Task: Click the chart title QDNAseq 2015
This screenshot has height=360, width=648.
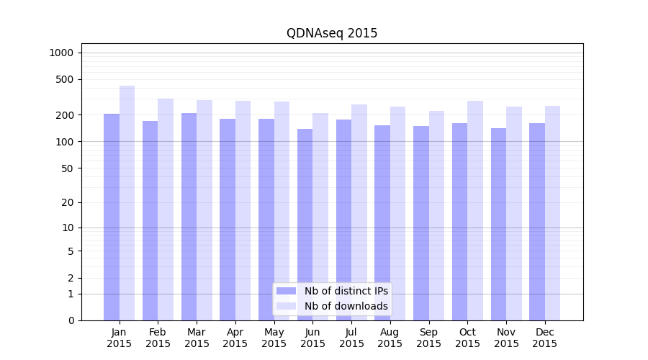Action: pyautogui.click(x=331, y=33)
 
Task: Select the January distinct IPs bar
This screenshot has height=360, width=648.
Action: pyautogui.click(x=112, y=216)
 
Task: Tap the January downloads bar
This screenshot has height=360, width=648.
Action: pyautogui.click(x=127, y=202)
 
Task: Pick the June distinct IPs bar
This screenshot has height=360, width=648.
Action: pyautogui.click(x=305, y=223)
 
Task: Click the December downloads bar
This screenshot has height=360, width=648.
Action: pyautogui.click(x=552, y=212)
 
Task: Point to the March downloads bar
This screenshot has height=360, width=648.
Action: pyautogui.click(x=204, y=209)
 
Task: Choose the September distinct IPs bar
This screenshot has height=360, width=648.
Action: pyautogui.click(x=421, y=223)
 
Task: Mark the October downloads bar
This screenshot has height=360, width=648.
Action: pyautogui.click(x=475, y=209)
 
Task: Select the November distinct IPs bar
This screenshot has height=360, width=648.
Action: pyautogui.click(x=498, y=223)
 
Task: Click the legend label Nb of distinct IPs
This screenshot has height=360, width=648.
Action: pyautogui.click(x=346, y=291)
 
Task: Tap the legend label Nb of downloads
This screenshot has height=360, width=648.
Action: pyautogui.click(x=346, y=306)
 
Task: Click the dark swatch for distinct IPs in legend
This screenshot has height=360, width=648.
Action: pyautogui.click(x=286, y=291)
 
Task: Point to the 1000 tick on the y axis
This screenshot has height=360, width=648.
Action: pyautogui.click(x=61, y=53)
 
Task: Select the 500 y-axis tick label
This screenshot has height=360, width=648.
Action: pyautogui.click(x=65, y=79)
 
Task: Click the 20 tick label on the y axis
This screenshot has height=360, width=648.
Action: pyautogui.click(x=68, y=202)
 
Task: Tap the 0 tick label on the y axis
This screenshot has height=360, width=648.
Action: pyautogui.click(x=71, y=320)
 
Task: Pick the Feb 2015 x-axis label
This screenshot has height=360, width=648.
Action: pyautogui.click(x=158, y=338)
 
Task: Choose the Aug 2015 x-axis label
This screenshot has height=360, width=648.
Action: pyautogui.click(x=390, y=338)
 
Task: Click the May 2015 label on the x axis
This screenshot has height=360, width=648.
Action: pyautogui.click(x=274, y=338)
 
